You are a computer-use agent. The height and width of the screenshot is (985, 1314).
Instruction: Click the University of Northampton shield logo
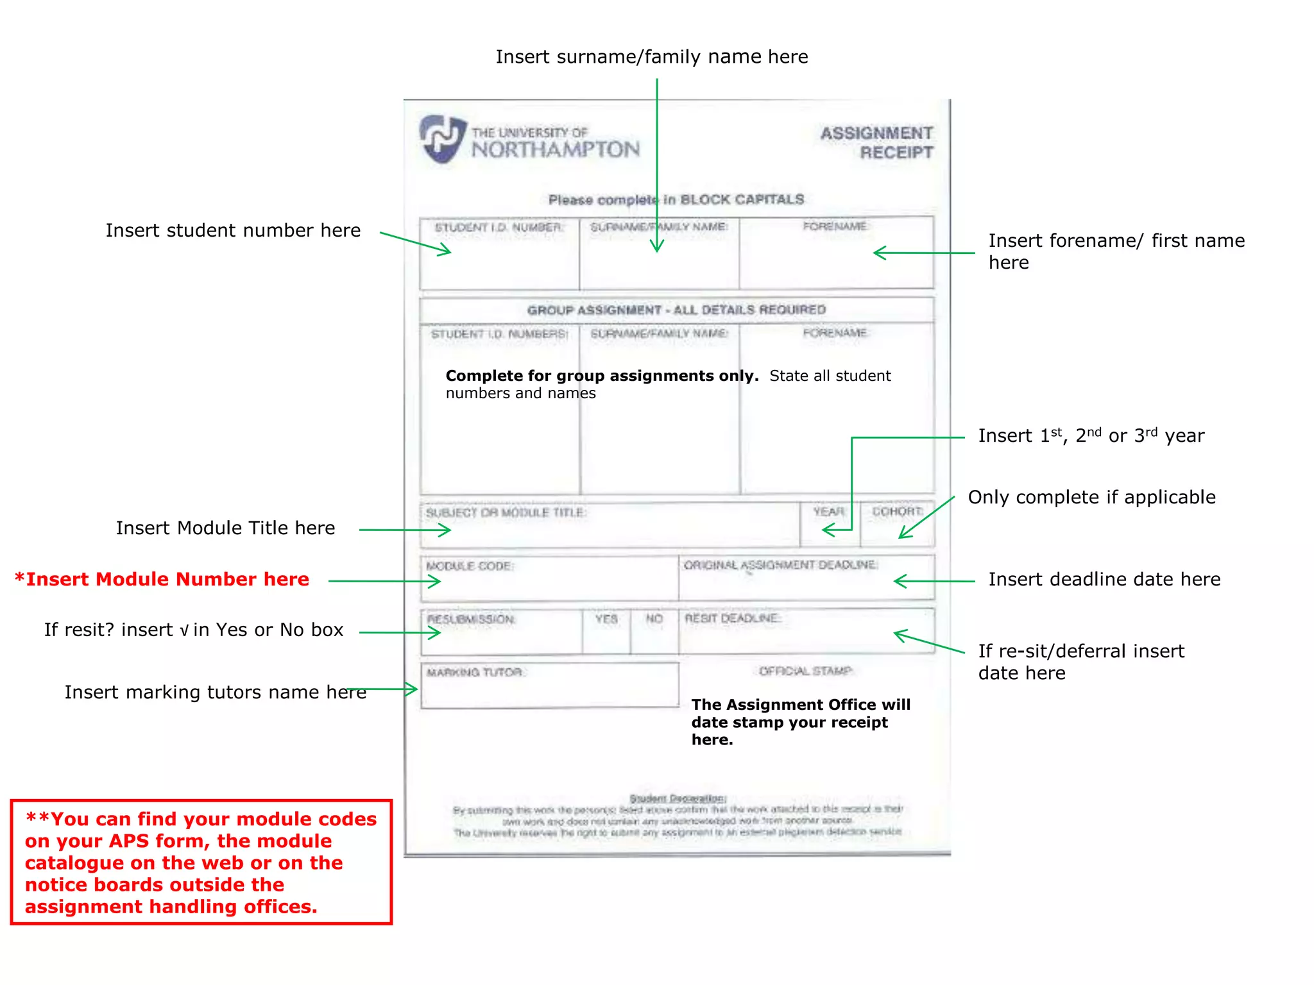click(443, 138)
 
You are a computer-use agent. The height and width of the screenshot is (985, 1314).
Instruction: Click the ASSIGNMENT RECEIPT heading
click(877, 142)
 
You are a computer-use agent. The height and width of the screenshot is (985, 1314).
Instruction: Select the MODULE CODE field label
click(470, 566)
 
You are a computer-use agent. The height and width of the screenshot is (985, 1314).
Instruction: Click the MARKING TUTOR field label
click(475, 672)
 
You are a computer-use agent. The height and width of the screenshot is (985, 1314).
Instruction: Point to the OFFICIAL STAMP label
click(806, 671)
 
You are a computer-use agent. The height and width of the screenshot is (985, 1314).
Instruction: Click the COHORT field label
click(897, 511)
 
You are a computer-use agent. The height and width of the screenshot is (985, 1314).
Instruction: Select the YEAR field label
click(829, 511)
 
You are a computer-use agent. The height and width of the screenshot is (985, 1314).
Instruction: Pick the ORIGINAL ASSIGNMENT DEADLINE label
click(781, 565)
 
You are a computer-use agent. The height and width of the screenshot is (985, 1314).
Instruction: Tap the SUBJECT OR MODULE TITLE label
click(506, 512)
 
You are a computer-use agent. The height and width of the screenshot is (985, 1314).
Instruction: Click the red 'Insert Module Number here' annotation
click(162, 579)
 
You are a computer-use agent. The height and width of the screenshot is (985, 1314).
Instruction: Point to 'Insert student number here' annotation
click(233, 230)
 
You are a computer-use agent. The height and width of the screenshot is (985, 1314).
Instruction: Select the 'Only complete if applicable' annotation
click(1091, 497)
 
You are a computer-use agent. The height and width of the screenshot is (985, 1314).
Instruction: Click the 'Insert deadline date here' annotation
click(1104, 579)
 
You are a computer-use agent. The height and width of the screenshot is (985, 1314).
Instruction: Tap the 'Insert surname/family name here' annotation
click(651, 57)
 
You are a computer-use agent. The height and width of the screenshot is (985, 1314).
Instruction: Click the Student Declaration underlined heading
click(678, 798)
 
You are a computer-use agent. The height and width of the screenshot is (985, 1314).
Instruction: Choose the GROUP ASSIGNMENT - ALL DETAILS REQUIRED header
click(676, 310)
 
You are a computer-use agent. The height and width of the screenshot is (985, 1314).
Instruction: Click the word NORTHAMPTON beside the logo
click(556, 150)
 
